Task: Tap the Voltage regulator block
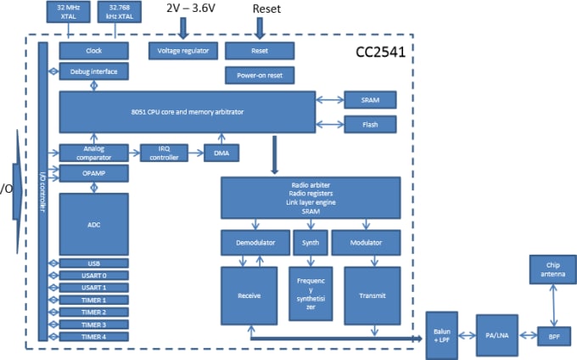(x=182, y=51)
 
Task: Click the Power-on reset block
(x=260, y=76)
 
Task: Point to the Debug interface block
(x=93, y=71)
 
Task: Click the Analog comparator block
(x=93, y=153)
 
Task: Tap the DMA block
(x=221, y=153)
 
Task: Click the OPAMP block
(x=93, y=173)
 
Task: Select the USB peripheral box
(x=93, y=263)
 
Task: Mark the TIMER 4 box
(x=93, y=336)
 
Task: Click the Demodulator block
(x=255, y=243)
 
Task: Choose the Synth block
(x=310, y=243)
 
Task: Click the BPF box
(x=553, y=336)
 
